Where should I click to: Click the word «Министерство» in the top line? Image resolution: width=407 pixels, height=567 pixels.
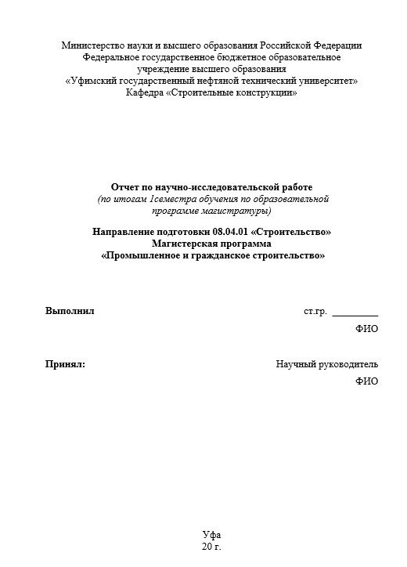[x=92, y=45]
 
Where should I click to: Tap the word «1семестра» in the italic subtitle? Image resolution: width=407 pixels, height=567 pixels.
[x=167, y=199]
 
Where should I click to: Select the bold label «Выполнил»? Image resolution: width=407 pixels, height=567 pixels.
[x=70, y=311]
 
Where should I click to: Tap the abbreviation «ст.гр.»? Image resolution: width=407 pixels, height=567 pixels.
[x=315, y=311]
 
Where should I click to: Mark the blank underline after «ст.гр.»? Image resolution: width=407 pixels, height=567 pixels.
[x=355, y=313]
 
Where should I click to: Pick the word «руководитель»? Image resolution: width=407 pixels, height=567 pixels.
[x=348, y=363]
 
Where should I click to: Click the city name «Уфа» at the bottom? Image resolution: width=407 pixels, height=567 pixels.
[x=211, y=533]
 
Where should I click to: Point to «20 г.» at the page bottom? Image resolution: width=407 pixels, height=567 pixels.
[x=211, y=545]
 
